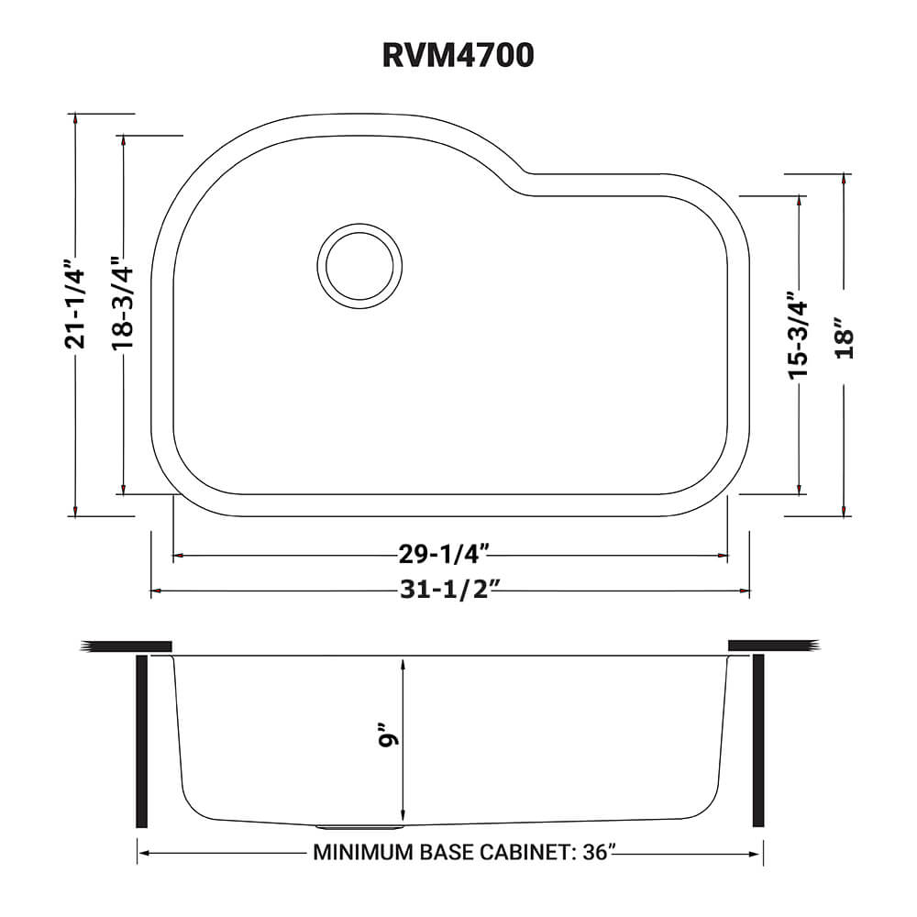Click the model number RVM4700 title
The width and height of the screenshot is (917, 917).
pos(458,56)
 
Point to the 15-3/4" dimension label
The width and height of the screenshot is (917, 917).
pos(799,335)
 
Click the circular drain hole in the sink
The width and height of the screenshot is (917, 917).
pos(359,266)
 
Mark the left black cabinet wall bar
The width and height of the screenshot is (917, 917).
pos(141,740)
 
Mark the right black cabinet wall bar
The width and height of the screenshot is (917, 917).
pos(758,740)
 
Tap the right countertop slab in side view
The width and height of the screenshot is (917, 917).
pos(771,646)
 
